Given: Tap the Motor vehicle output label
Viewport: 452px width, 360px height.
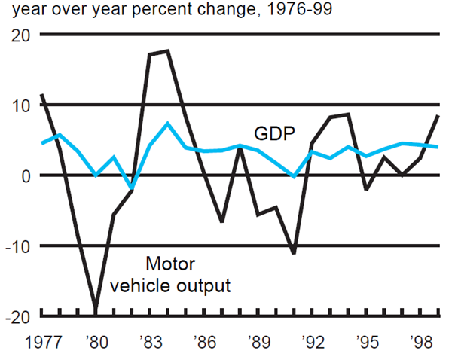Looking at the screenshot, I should point(169,275).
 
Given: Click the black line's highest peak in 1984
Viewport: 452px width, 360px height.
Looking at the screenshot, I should point(167,51).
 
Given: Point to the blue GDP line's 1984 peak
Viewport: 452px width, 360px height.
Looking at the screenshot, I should point(168,123).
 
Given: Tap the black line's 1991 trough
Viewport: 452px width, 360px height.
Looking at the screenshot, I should point(294,253).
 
